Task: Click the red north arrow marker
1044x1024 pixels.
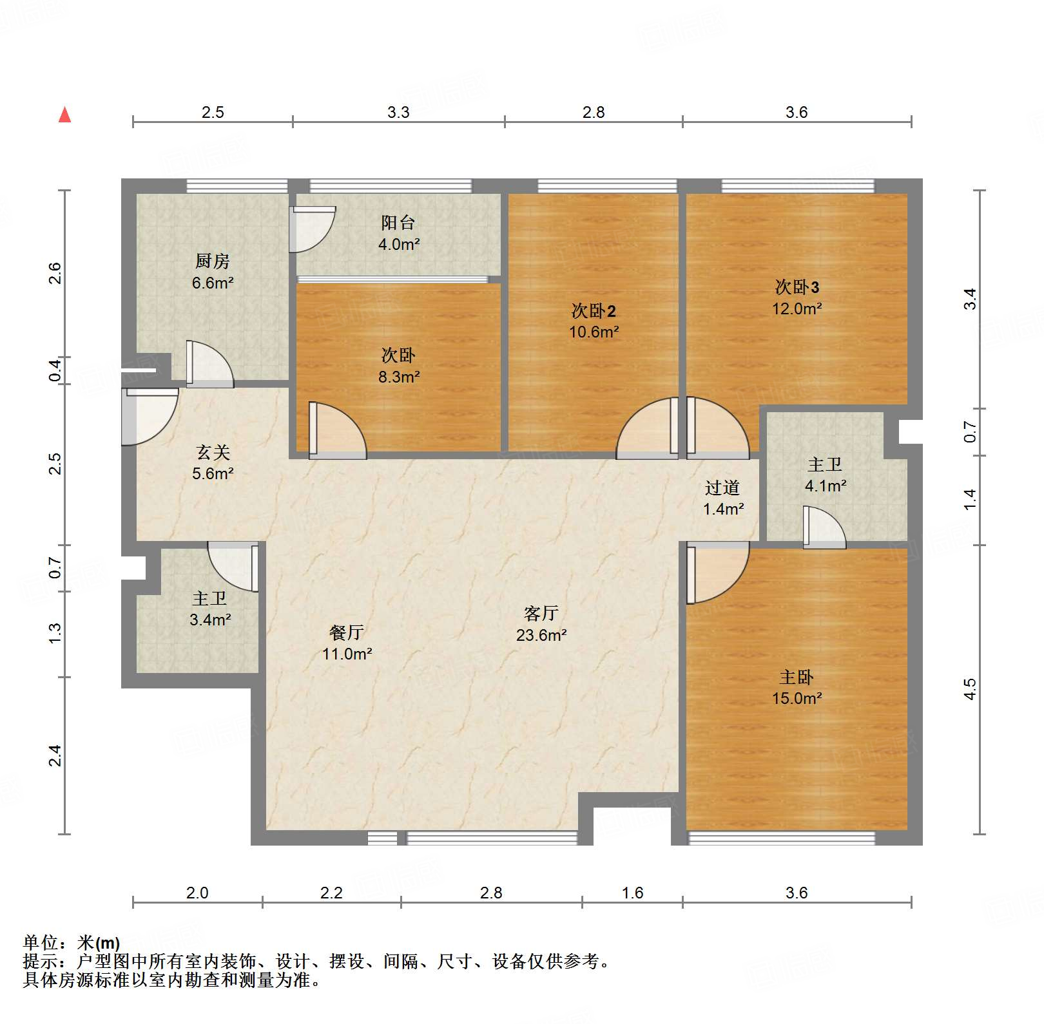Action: (64, 115)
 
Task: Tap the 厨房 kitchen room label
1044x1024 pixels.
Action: (212, 261)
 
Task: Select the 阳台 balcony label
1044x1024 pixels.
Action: (398, 223)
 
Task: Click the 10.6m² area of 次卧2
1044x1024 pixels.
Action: (594, 332)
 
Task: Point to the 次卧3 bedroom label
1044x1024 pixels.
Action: (797, 287)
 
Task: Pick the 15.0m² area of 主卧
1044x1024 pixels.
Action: (797, 698)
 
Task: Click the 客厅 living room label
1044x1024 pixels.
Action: (541, 613)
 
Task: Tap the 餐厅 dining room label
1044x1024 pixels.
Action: (347, 632)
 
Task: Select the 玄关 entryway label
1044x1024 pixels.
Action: (213, 453)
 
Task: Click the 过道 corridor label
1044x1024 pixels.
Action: (722, 488)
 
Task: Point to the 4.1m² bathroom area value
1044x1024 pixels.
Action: (825, 486)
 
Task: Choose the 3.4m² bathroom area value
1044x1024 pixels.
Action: (210, 620)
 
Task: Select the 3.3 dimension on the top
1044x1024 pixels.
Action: (398, 113)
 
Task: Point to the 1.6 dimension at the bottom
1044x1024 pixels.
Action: (632, 893)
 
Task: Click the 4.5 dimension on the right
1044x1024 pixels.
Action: (970, 689)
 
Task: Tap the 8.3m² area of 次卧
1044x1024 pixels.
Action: (398, 377)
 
